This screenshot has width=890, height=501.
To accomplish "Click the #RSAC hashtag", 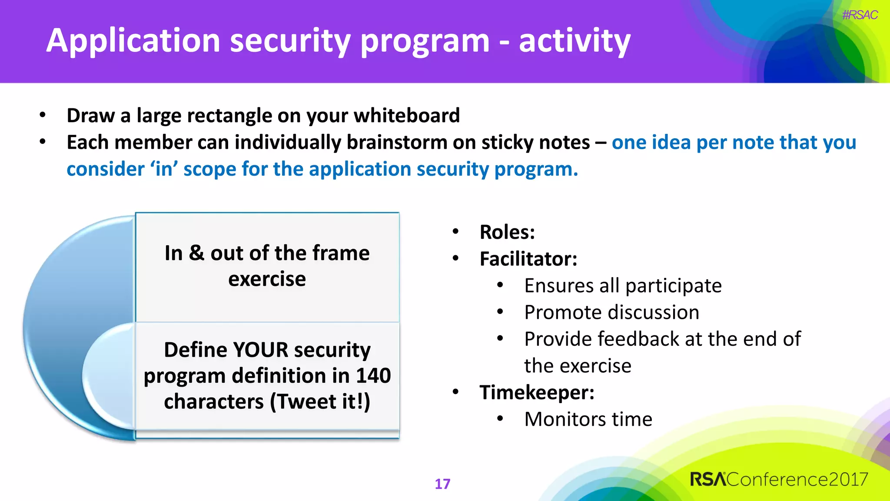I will pyautogui.click(x=860, y=15).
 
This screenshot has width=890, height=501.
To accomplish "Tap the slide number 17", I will pyautogui.click(x=442, y=484).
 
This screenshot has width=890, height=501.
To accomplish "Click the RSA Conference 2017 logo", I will pyautogui.click(x=779, y=479).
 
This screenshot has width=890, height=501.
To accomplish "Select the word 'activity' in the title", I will pyautogui.click(x=575, y=41).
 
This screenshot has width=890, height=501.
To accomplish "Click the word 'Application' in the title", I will pyautogui.click(x=133, y=41).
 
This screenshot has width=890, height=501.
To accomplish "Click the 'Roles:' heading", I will pyautogui.click(x=507, y=232).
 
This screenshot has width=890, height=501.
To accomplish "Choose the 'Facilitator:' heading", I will pyautogui.click(x=528, y=259).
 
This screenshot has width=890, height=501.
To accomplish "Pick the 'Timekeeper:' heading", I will pyautogui.click(x=537, y=392).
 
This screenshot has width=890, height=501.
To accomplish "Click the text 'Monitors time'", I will pyautogui.click(x=588, y=419).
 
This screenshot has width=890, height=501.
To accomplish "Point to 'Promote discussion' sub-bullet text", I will pyautogui.click(x=611, y=312).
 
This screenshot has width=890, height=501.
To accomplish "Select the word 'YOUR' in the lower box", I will pyautogui.click(x=260, y=350).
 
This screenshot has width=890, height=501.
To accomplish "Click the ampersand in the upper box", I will pyautogui.click(x=196, y=253).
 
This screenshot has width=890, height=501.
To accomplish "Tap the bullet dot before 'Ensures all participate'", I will pyautogui.click(x=500, y=285).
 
